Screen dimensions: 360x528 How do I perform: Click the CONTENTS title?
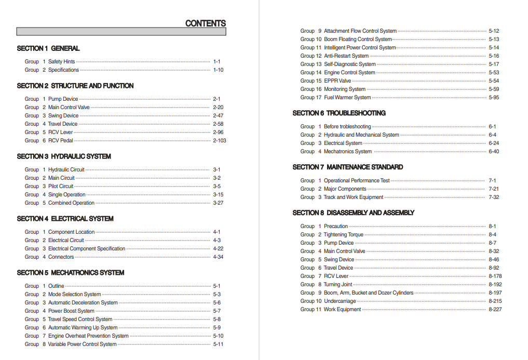point(206,23)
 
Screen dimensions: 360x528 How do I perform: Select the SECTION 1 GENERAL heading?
point(48,48)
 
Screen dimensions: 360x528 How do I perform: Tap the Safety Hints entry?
point(61,62)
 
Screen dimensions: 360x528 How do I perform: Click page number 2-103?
point(220,141)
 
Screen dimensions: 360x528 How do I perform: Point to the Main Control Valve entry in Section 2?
point(69,108)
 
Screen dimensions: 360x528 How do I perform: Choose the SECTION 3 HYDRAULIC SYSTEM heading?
point(64,156)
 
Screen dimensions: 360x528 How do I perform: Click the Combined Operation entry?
point(71,203)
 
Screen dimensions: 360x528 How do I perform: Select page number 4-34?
point(218,257)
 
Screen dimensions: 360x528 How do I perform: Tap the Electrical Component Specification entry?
point(87,249)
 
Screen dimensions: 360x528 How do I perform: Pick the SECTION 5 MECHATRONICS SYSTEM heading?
point(71,273)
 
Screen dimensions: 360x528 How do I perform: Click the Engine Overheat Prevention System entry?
point(88,336)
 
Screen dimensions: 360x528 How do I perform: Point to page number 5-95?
point(494,98)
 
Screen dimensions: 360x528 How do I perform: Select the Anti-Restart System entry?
point(346,56)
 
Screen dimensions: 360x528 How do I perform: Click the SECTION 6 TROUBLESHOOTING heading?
point(339,113)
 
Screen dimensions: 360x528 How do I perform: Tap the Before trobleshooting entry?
point(347,127)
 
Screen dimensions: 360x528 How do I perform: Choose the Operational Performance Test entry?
point(357,181)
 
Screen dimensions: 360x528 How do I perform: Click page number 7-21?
point(494,189)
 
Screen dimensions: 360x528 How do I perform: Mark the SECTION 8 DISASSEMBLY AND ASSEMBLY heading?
point(354,213)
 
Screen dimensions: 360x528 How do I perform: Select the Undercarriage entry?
point(340,301)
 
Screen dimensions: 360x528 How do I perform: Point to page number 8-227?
point(495,310)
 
